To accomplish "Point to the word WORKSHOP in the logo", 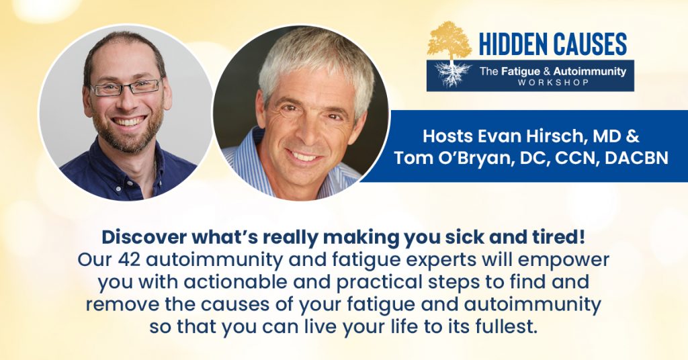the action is (553, 82).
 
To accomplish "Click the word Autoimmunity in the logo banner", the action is (589, 71).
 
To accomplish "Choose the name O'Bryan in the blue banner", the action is (478, 158).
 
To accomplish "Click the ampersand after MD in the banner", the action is (632, 136).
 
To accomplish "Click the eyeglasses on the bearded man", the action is (126, 87).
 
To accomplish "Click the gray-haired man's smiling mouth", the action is (304, 156).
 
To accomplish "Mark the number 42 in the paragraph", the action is (128, 260).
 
